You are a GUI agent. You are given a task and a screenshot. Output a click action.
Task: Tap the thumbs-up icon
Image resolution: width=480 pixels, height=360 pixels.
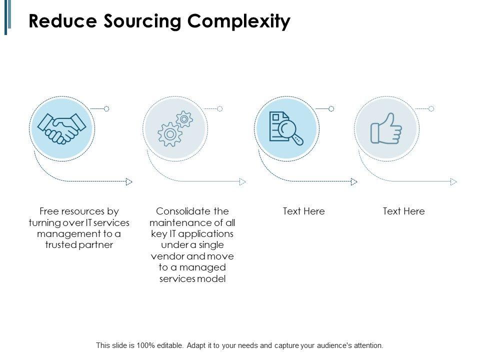coord(386,128)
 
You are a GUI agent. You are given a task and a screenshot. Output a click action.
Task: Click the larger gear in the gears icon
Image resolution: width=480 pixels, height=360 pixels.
coord(169,133)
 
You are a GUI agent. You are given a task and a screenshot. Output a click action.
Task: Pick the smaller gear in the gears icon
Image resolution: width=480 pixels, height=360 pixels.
coord(184,119)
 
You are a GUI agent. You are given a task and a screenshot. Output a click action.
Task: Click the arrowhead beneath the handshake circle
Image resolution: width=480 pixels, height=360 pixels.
coord(129,181)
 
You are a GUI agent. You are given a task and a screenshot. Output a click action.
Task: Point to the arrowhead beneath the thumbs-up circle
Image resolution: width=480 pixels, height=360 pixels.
coord(453,181)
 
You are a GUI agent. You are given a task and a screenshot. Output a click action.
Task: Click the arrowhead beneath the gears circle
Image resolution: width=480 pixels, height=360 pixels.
coord(243,181)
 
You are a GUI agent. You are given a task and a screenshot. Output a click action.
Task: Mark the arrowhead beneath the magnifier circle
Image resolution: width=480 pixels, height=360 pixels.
coord(354,181)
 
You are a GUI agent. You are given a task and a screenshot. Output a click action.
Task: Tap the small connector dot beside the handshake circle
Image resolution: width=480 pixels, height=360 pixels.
coord(106,108)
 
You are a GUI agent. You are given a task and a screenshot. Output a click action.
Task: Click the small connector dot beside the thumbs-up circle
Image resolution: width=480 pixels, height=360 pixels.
coord(431,108)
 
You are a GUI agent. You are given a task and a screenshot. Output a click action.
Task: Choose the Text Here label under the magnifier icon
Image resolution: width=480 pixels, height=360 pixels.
coord(303,211)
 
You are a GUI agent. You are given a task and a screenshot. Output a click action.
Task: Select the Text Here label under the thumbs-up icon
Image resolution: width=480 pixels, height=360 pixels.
coord(403,211)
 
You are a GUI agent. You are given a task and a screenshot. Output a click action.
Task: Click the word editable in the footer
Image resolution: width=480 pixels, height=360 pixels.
coord(166,345)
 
